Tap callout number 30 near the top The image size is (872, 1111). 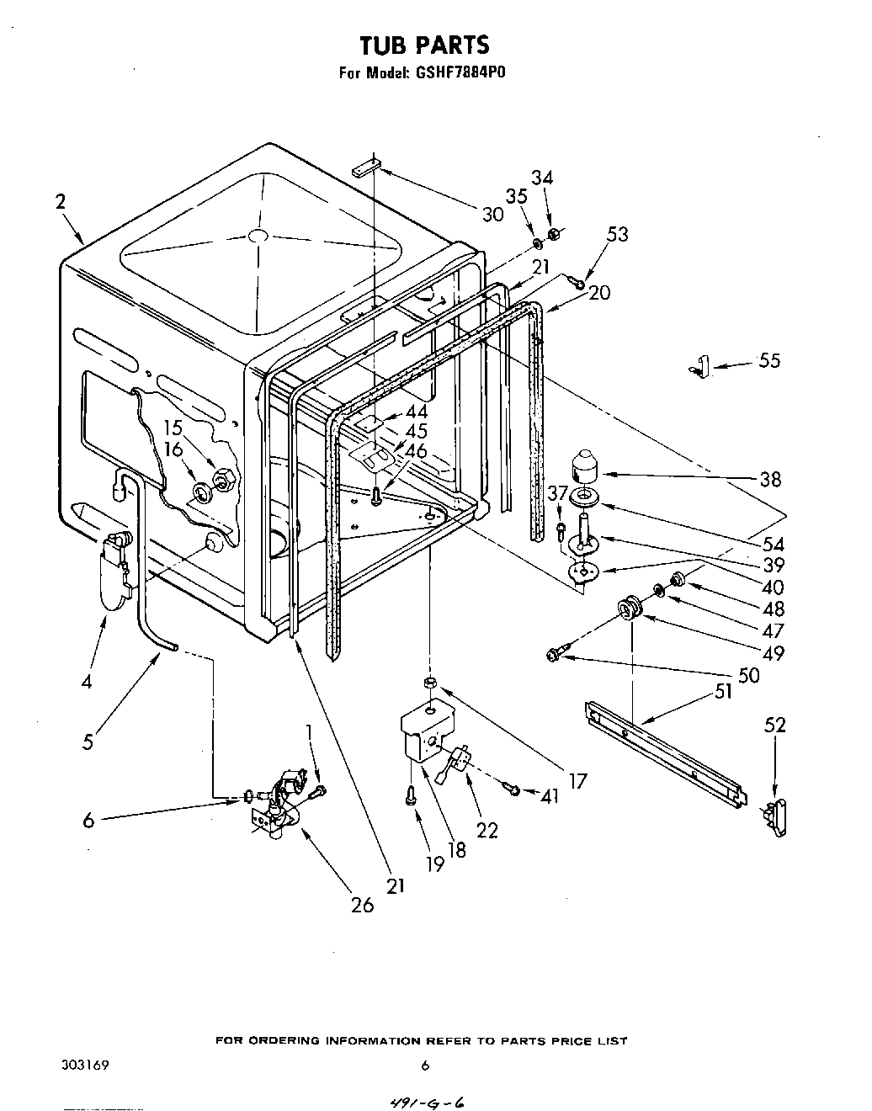click(x=492, y=215)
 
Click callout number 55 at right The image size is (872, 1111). click(x=769, y=360)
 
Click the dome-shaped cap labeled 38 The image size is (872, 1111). click(x=583, y=465)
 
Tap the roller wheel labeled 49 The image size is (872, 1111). click(x=627, y=608)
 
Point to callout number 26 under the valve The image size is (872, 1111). click(x=362, y=906)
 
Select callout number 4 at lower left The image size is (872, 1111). click(x=87, y=682)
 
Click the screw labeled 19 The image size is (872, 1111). click(x=410, y=795)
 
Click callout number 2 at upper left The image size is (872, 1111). click(x=61, y=202)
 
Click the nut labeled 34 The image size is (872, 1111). click(x=554, y=234)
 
